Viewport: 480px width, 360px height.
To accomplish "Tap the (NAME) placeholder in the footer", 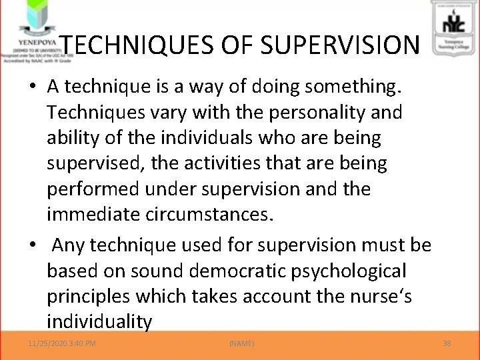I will (241, 343).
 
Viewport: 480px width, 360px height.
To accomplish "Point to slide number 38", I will (447, 343).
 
